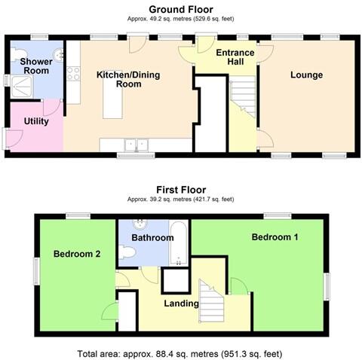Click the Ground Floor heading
tap(181, 9)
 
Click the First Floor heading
tap(181, 190)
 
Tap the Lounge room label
tap(305, 75)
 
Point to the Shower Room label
tap(35, 66)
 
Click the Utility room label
tap(36, 120)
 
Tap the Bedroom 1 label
tap(275, 237)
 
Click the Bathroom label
tap(152, 237)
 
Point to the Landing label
tap(181, 304)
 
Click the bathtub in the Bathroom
tap(178, 243)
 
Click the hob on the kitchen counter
tap(74, 73)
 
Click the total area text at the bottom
tap(181, 352)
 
